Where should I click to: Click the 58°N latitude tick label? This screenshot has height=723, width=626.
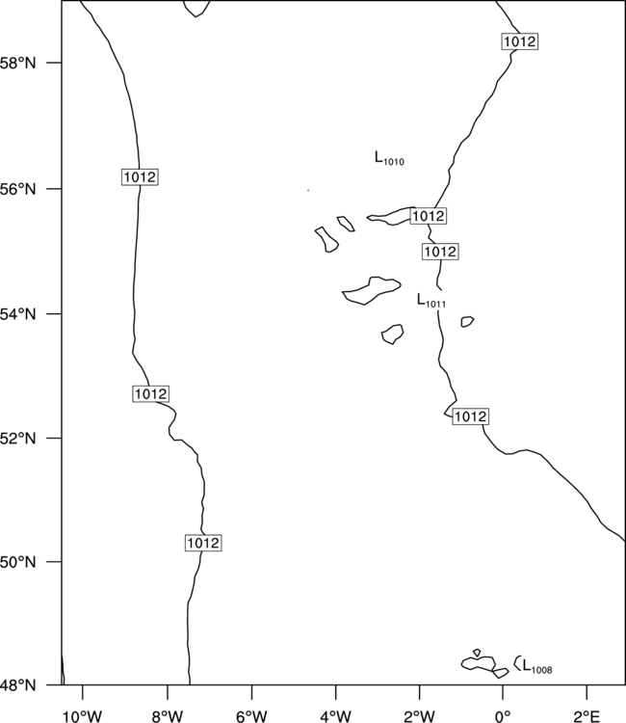(x=18, y=64)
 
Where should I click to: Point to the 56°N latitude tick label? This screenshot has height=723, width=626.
(x=18, y=189)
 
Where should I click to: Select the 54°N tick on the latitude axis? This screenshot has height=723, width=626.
(x=18, y=314)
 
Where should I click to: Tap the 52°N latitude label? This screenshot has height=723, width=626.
(x=18, y=438)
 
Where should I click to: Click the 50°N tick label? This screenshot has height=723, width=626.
(x=18, y=562)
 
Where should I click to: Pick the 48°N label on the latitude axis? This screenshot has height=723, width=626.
(x=18, y=685)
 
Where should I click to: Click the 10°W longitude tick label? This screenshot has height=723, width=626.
(x=83, y=716)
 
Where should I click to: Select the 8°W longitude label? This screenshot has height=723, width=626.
(x=168, y=716)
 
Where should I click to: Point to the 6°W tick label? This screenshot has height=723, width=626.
(x=251, y=716)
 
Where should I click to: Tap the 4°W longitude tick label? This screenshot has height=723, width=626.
(x=336, y=716)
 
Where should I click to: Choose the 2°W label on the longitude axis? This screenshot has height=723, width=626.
(x=419, y=716)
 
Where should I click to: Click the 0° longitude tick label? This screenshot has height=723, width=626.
(x=503, y=716)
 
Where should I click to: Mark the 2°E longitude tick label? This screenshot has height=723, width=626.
(x=587, y=716)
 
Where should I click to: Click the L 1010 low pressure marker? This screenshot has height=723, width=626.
(x=389, y=158)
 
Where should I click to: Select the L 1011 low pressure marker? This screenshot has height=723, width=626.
(x=431, y=300)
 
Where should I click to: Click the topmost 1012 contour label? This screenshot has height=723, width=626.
(x=520, y=41)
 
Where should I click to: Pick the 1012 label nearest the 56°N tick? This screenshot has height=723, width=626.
(x=140, y=177)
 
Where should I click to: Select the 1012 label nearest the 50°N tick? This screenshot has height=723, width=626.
(x=203, y=543)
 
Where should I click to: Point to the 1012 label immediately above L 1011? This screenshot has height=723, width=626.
(x=440, y=252)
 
